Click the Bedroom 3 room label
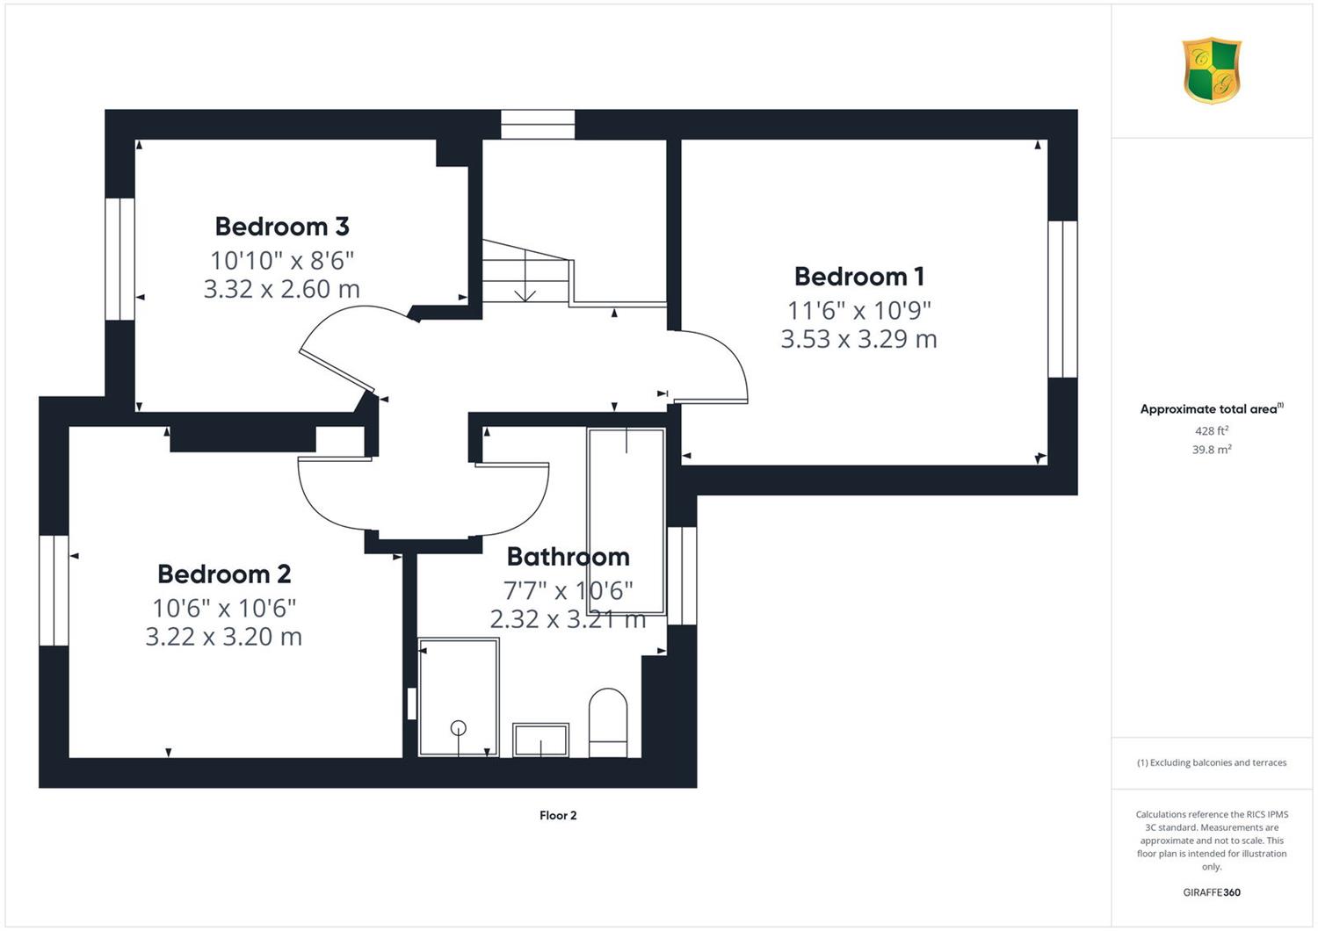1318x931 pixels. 282,227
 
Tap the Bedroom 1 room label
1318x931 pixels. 859,277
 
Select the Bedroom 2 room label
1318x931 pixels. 224,574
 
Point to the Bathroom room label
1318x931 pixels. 568,557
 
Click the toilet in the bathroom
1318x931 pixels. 608,723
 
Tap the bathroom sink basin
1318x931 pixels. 540,740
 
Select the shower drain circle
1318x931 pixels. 459,728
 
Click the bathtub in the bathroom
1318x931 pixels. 626,521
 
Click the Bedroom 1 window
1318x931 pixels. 1062,299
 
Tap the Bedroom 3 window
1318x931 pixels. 120,259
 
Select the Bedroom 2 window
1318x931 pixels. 54,590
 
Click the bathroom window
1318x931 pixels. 683,575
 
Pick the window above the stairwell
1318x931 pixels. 538,125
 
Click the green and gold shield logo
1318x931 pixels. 1212,70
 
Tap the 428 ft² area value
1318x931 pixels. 1212,431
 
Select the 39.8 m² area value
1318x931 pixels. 1212,450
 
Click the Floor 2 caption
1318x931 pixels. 558,815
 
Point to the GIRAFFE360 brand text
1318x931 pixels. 1212,892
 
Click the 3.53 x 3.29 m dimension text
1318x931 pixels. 859,339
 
